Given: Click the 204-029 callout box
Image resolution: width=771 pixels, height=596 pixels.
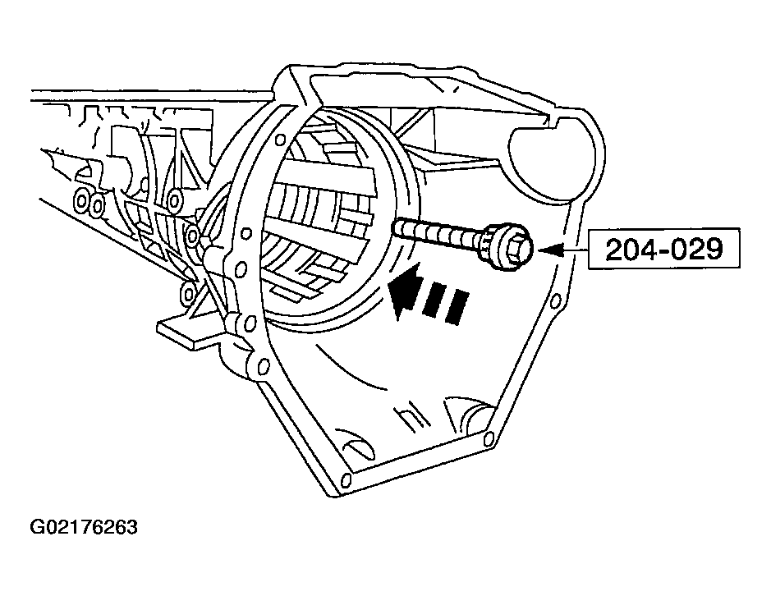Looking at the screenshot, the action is click(663, 248).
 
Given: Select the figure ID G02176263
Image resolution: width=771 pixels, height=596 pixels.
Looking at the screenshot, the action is click(84, 527).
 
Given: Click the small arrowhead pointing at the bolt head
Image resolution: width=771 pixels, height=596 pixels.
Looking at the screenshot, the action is click(551, 250).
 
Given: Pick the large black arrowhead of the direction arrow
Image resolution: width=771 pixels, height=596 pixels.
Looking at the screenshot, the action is click(406, 290).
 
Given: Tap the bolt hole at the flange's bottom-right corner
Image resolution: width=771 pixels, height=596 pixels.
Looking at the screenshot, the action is click(489, 438).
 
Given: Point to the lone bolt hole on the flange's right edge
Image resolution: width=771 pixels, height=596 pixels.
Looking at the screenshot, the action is click(555, 300).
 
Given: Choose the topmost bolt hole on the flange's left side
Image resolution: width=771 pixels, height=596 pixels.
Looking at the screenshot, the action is click(280, 140).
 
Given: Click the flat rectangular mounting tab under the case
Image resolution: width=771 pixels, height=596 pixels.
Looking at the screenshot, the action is click(190, 331).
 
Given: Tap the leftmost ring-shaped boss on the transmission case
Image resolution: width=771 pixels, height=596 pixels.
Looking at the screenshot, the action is click(81, 200).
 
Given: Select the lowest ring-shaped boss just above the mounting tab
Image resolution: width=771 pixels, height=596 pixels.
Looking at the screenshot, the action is click(188, 294).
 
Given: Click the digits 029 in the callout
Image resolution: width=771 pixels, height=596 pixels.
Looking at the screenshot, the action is click(699, 249).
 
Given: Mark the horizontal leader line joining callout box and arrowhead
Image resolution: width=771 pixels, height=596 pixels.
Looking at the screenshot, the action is click(576, 250).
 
